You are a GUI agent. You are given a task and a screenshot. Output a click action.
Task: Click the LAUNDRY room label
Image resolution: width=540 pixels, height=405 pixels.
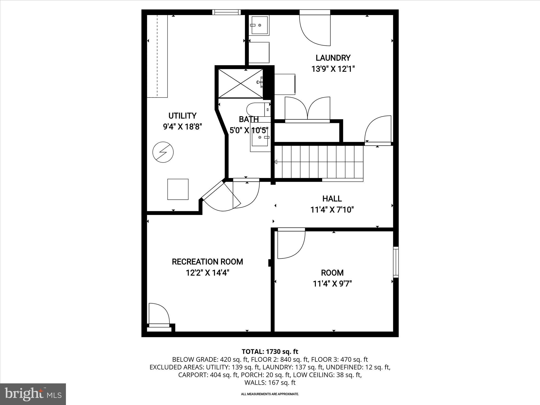tap(333, 58)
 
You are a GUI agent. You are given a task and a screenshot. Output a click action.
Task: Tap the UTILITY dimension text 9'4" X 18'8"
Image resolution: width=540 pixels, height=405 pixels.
tap(182, 127)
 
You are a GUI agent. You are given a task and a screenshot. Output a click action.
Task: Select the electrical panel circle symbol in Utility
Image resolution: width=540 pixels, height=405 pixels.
tap(163, 152)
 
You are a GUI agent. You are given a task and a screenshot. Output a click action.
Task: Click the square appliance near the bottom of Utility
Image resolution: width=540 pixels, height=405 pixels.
tap(178, 189)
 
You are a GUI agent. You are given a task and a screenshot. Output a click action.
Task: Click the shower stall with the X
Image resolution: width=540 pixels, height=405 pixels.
tap(240, 83)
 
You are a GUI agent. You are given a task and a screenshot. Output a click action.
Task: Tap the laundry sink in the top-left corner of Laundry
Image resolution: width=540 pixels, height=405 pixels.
tap(259, 25)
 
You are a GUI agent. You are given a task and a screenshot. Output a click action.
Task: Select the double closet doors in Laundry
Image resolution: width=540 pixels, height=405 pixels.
tap(307, 109)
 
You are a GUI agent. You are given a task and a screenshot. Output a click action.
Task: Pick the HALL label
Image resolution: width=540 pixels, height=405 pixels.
tap(332, 199)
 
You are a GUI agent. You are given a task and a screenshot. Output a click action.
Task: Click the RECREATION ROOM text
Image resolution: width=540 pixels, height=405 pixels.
tap(207, 262)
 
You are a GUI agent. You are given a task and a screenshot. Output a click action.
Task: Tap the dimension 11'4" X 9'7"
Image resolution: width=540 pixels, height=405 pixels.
tap(332, 284)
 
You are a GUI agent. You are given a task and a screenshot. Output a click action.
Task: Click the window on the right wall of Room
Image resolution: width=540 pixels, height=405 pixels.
tap(396, 262)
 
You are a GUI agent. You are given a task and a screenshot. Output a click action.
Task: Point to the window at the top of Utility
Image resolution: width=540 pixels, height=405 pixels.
tap(226, 12)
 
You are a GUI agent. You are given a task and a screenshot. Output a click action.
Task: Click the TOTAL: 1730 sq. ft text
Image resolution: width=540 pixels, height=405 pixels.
tap(270, 351)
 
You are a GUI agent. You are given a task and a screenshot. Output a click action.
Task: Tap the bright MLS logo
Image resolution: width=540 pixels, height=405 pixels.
tap(33, 394)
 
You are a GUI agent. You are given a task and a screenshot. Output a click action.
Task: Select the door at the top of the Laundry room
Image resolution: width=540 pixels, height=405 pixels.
tap(315, 28)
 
